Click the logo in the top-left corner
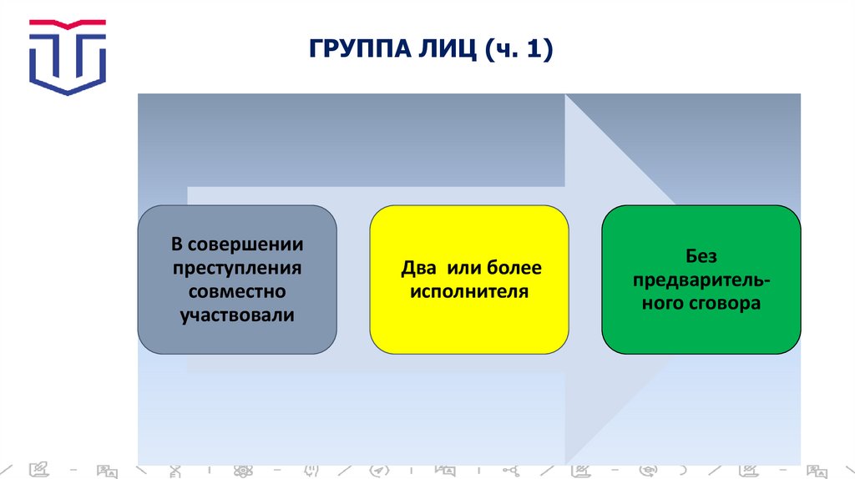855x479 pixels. (68, 56)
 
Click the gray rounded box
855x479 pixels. (237, 280)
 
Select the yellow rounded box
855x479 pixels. (468, 280)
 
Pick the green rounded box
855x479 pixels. (701, 280)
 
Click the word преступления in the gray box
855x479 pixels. (237, 269)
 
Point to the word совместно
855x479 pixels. (237, 292)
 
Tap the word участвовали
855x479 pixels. (237, 315)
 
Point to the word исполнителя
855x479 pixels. (468, 292)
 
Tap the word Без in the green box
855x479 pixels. (701, 256)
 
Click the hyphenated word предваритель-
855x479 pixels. (701, 280)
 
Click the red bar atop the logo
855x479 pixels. (68, 23)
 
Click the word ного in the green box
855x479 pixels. (662, 304)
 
